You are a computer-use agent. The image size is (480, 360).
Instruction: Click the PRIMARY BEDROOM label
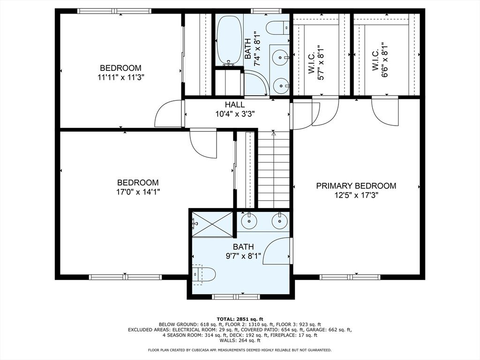356,186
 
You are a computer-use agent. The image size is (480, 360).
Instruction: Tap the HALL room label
235,105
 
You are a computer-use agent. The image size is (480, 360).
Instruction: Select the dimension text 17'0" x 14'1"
138,192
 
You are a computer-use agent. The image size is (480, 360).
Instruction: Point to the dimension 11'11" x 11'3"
120,77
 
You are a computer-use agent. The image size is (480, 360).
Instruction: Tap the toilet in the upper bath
277,28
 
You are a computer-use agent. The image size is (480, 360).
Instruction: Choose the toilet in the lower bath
203,274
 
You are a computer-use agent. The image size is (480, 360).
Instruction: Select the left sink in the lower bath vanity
249,220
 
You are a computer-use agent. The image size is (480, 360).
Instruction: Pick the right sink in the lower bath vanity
279,220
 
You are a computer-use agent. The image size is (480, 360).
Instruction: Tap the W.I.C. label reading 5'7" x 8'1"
316,63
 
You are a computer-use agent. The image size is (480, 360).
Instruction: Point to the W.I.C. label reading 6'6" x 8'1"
380,60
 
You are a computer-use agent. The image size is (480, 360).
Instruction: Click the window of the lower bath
236,297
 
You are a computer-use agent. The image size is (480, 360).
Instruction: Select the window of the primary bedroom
350,277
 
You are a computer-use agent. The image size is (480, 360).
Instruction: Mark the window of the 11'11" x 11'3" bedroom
114,11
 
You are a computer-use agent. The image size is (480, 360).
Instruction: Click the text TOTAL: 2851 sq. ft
240,319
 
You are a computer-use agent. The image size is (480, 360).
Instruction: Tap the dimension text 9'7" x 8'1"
243,256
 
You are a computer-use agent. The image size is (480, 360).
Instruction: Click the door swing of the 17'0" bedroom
203,144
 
